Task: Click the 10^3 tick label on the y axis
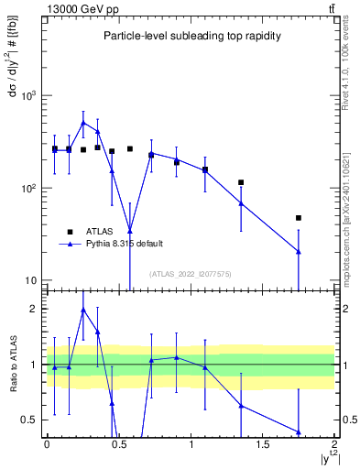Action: tap(29, 95)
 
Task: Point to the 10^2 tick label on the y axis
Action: tap(29, 188)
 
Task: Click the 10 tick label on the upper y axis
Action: tap(33, 280)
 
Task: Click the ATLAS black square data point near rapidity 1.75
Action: tap(299, 218)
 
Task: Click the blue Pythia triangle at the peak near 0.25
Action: tap(83, 122)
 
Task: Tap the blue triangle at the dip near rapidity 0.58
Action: tap(130, 231)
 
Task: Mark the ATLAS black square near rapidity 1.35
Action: tap(241, 182)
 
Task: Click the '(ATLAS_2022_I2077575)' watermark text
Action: tap(191, 274)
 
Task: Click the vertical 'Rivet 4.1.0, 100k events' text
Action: tap(345, 68)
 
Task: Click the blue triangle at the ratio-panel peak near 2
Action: tap(83, 310)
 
